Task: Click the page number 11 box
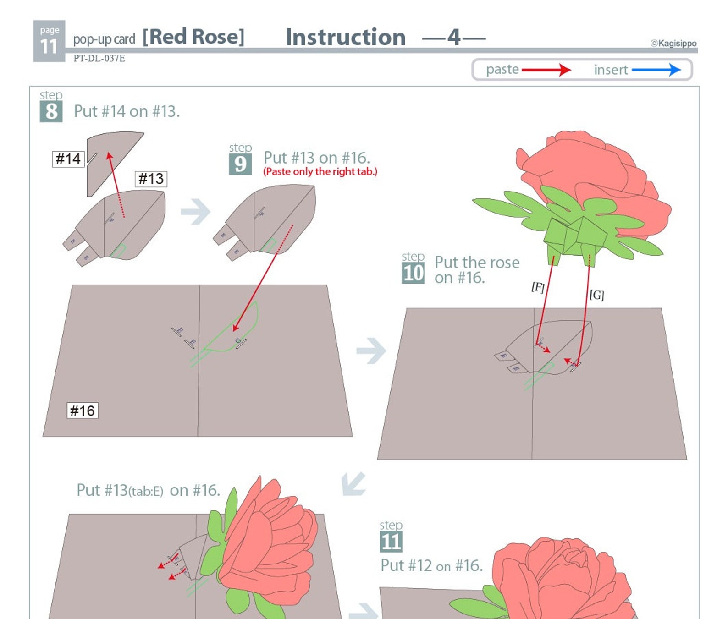[49, 41]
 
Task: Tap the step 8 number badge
[51, 112]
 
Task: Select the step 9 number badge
[240, 164]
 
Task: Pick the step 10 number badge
[413, 273]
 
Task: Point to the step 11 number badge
[391, 542]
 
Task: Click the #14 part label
[68, 159]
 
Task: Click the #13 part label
[151, 179]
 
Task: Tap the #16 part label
[82, 411]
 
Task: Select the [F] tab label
[538, 287]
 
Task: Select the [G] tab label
[596, 295]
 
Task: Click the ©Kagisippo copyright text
[673, 43]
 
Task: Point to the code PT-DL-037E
[99, 58]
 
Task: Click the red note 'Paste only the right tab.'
[320, 172]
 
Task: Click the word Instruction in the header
[345, 37]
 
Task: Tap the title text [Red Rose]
[193, 37]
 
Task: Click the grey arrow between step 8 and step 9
[195, 211]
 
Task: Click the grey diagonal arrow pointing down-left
[353, 483]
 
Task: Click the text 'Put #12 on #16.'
[431, 566]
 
